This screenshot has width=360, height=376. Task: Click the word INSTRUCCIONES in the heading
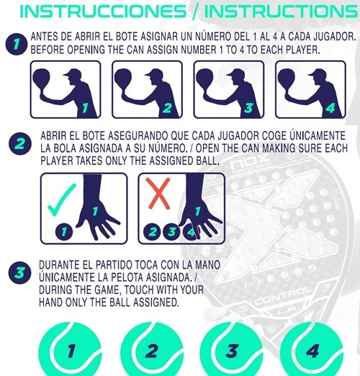(x=103, y=11)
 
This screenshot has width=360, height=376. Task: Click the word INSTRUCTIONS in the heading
(x=281, y=11)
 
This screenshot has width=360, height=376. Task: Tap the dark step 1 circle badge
(x=16, y=44)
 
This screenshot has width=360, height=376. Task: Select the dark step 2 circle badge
(x=20, y=143)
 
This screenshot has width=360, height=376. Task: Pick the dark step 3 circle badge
(x=19, y=272)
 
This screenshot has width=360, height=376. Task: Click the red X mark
(x=158, y=193)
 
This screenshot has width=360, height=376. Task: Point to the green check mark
(x=61, y=200)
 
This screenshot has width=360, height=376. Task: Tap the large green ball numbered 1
(x=70, y=349)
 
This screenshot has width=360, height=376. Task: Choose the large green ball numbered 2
(x=152, y=349)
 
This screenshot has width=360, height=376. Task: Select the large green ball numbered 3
(x=231, y=349)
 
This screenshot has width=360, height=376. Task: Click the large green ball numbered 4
(x=312, y=349)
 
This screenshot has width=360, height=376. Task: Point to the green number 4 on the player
(x=330, y=108)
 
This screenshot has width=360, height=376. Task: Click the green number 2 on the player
(x=167, y=108)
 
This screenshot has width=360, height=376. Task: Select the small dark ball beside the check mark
(x=64, y=232)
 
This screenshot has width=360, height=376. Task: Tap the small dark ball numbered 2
(x=153, y=232)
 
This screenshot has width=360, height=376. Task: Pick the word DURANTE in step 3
(x=58, y=265)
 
